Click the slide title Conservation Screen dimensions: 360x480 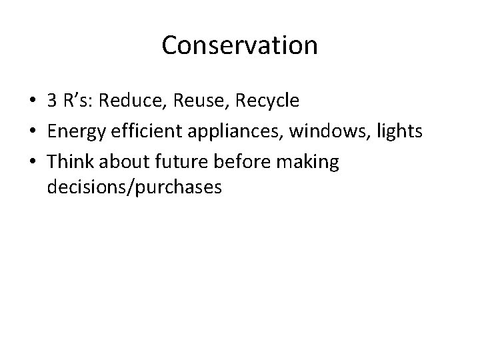pos(240,45)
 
